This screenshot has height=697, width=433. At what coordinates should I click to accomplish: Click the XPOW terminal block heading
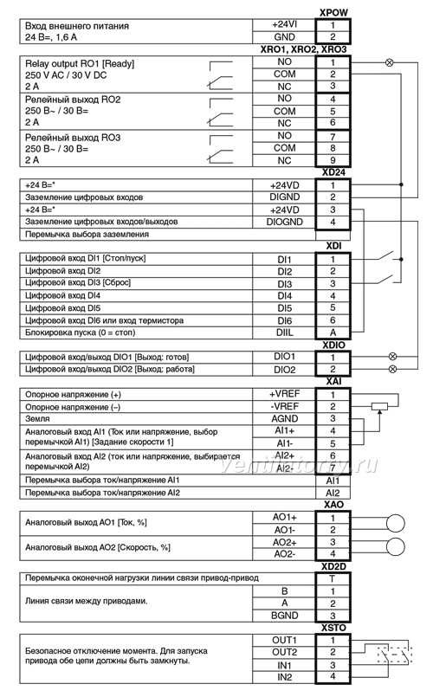pos(333,13)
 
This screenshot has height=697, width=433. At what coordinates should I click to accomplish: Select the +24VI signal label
pos(284,25)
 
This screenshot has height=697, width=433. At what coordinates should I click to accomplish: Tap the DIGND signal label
pos(285,197)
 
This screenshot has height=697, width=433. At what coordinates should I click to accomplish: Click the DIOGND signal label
pos(285,222)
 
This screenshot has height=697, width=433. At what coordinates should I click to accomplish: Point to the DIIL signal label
pos(285,332)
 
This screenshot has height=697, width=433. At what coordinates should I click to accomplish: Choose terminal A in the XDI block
pos(333,332)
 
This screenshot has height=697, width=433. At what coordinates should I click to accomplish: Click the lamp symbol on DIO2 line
pos(392,369)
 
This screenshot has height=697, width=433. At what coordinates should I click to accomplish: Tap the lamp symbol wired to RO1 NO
pos(390,62)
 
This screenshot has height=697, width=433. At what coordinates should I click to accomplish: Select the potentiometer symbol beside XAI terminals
pos(379,406)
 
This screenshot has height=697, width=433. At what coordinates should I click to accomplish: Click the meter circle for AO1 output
pos(395,523)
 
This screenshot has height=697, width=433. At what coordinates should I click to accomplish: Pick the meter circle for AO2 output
pos(395,547)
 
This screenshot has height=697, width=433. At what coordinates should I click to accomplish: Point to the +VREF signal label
pos(285,394)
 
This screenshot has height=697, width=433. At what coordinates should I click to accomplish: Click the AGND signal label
pos(285,419)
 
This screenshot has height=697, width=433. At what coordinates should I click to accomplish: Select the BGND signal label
pos(285,616)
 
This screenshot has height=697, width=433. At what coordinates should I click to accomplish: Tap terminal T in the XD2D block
pos(333,578)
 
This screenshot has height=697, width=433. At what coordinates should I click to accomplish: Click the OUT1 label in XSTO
pos(285,640)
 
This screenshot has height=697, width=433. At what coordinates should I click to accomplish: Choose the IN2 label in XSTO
pos(285,677)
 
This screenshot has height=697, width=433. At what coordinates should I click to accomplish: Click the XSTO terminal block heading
pos(333,628)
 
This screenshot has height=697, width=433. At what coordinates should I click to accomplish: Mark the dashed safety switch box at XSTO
pos(394,655)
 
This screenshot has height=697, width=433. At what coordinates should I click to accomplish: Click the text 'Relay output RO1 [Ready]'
pos(80,63)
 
